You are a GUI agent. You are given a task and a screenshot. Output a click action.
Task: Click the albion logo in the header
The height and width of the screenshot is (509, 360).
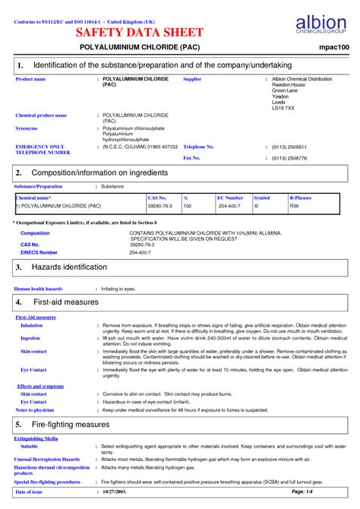318,24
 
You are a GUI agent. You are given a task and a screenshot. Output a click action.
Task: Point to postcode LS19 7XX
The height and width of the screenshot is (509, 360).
283,108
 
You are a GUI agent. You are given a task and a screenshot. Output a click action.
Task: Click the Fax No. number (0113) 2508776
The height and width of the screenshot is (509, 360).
289,158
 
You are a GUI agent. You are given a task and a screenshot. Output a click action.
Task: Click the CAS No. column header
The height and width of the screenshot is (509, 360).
156,197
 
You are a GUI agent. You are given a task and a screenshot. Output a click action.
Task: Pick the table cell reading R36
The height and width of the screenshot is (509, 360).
295,206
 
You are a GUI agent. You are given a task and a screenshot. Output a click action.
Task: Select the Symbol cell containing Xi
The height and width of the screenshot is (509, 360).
257,206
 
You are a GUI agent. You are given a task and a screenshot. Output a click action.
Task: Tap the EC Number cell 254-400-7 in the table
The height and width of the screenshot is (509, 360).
229,206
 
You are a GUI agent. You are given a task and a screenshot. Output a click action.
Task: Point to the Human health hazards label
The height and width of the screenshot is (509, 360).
39,289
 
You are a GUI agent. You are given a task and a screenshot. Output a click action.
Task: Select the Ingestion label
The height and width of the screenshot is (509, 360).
30,337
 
